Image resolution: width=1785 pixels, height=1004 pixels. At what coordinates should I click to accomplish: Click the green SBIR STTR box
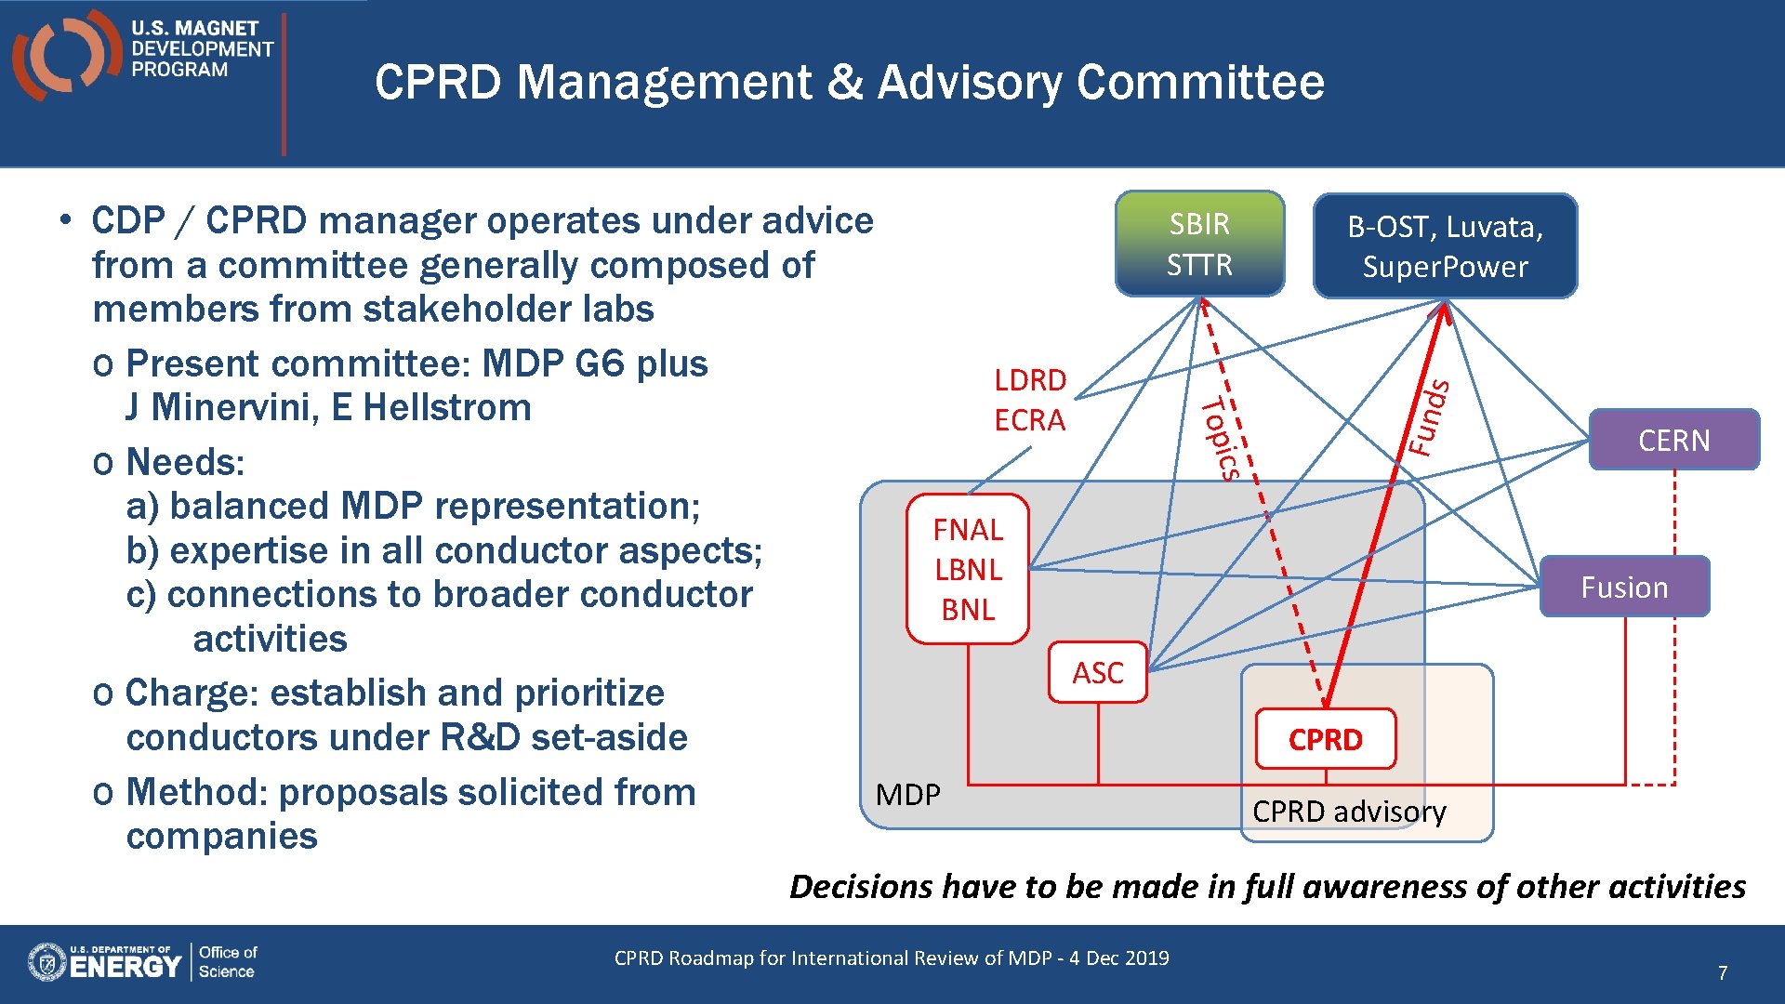click(x=1199, y=244)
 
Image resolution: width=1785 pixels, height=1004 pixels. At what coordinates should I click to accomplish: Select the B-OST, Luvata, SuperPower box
click(x=1445, y=246)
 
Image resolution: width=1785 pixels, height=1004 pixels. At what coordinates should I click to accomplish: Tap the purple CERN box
click(x=1673, y=440)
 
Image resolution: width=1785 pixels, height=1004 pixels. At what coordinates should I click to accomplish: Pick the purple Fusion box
click(x=1624, y=587)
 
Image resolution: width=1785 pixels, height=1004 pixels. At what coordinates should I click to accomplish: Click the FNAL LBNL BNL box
click(x=968, y=569)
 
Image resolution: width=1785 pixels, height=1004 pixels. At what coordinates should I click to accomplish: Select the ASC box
click(x=1097, y=672)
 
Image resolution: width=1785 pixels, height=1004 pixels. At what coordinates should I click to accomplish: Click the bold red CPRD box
click(x=1325, y=739)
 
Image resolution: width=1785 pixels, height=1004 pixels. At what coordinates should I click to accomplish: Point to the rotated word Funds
click(x=1428, y=417)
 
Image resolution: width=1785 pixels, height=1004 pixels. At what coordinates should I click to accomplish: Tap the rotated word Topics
click(x=1220, y=438)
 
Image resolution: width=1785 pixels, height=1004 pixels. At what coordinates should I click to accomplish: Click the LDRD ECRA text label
click(x=1030, y=400)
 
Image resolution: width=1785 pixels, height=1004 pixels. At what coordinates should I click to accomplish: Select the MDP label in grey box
click(x=907, y=795)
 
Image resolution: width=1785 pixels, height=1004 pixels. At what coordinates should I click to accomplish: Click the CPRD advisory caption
click(x=1349, y=812)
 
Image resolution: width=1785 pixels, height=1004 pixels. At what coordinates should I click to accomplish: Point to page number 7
click(x=1722, y=972)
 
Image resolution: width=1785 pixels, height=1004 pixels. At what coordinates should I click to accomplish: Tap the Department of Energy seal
click(x=46, y=962)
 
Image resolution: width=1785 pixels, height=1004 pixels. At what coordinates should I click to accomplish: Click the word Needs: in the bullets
click(x=185, y=462)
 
